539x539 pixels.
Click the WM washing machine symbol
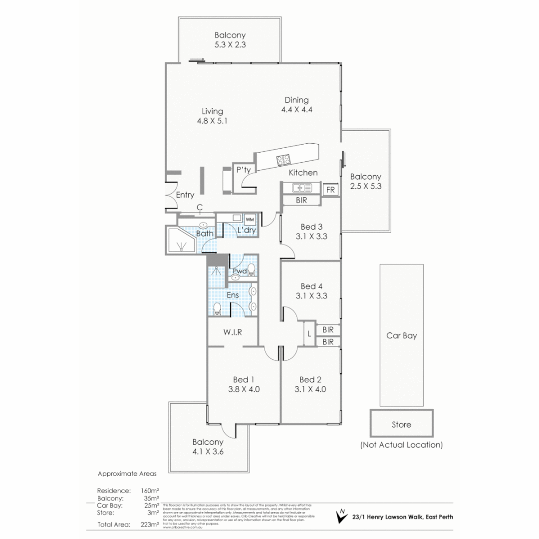click(250, 220)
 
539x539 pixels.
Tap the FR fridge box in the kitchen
click(330, 190)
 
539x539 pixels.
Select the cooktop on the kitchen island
click(284, 160)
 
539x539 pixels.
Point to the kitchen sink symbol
click(301, 188)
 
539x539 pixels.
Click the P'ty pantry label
click(243, 170)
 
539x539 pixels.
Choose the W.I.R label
click(232, 332)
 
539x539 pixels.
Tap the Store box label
click(401, 425)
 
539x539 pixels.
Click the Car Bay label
click(401, 335)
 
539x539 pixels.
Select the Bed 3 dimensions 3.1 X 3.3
click(311, 237)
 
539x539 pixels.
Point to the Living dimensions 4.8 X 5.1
click(212, 120)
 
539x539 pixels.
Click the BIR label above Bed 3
click(301, 200)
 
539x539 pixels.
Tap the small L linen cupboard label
click(309, 334)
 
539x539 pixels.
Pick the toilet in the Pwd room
click(251, 270)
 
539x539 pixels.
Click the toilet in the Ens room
click(217, 308)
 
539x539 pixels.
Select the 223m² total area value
click(150, 524)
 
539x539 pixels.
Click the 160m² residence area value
click(150, 491)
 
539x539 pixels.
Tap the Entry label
click(185, 195)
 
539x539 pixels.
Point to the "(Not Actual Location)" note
click(401, 444)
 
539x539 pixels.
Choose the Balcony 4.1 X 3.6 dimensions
click(208, 452)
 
